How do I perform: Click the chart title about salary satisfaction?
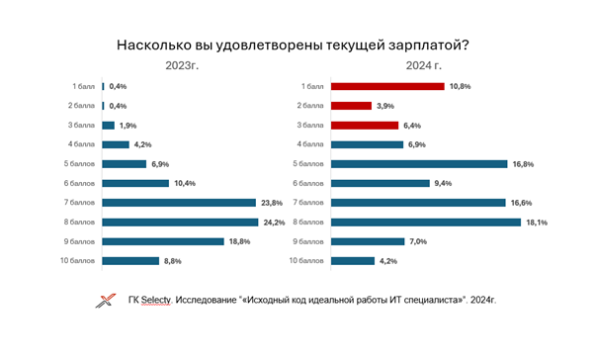click(x=297, y=45)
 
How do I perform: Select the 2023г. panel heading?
click(x=184, y=66)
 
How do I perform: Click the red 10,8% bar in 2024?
click(x=387, y=86)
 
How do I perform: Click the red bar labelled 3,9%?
click(x=351, y=106)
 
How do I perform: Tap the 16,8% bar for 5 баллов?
click(x=419, y=164)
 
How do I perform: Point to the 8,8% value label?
click(x=176, y=261)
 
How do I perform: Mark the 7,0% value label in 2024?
click(x=421, y=241)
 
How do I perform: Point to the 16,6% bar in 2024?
click(x=418, y=203)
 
